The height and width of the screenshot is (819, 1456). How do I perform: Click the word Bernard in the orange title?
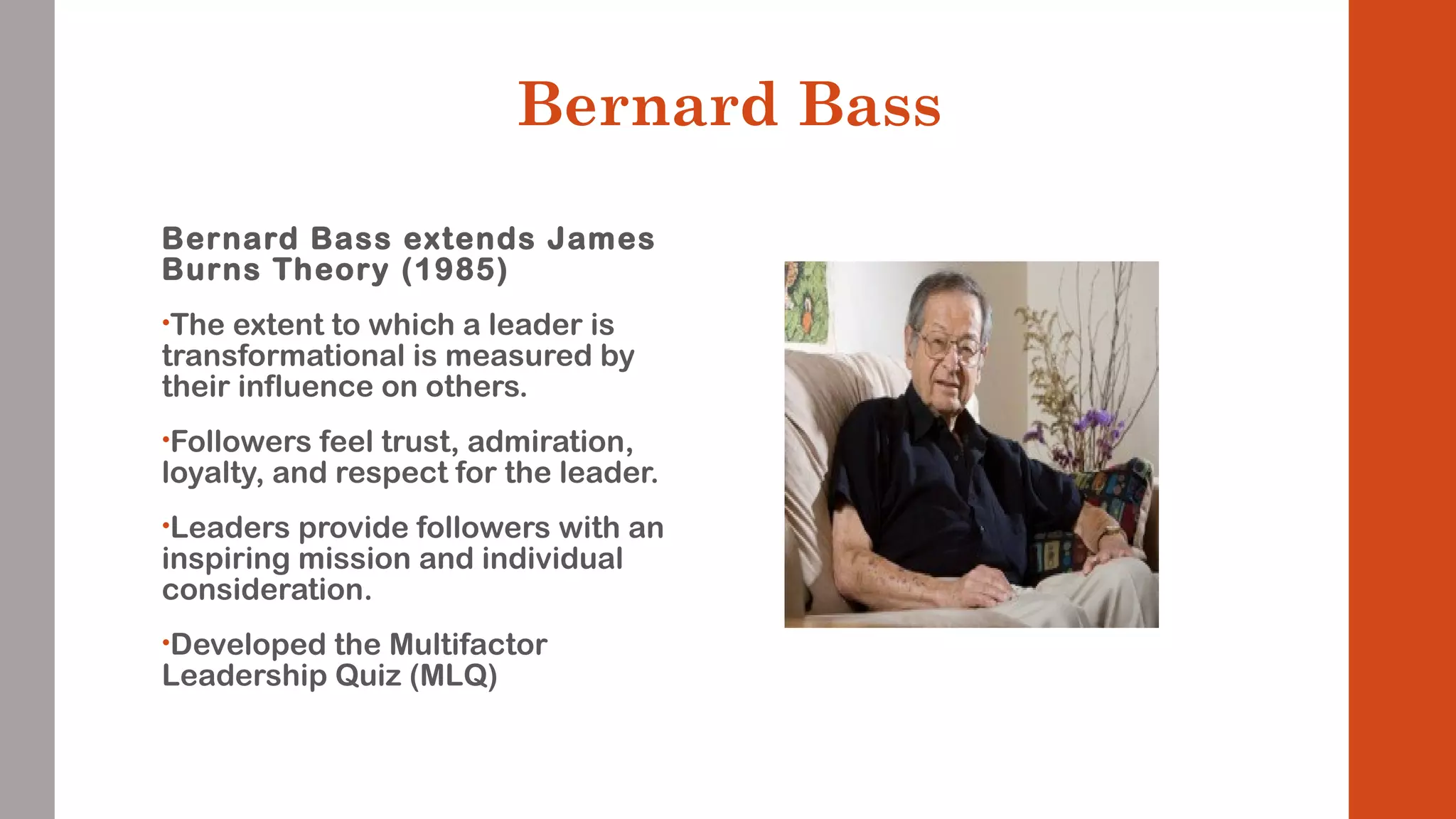pos(647,105)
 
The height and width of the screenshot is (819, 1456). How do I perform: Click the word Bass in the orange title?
pos(869,105)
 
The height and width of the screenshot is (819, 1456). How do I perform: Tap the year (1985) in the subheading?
pos(454,270)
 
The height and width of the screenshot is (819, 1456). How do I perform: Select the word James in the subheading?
pos(600,239)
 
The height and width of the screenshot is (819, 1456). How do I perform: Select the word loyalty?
pos(212,473)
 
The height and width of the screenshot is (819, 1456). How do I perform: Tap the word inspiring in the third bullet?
pos(225,559)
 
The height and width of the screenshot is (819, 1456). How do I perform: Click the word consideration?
pos(267,589)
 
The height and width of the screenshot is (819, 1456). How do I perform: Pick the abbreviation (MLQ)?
pos(453,675)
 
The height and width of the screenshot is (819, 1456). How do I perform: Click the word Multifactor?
pos(468,645)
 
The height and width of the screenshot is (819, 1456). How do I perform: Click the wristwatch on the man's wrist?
pos(1109,531)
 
